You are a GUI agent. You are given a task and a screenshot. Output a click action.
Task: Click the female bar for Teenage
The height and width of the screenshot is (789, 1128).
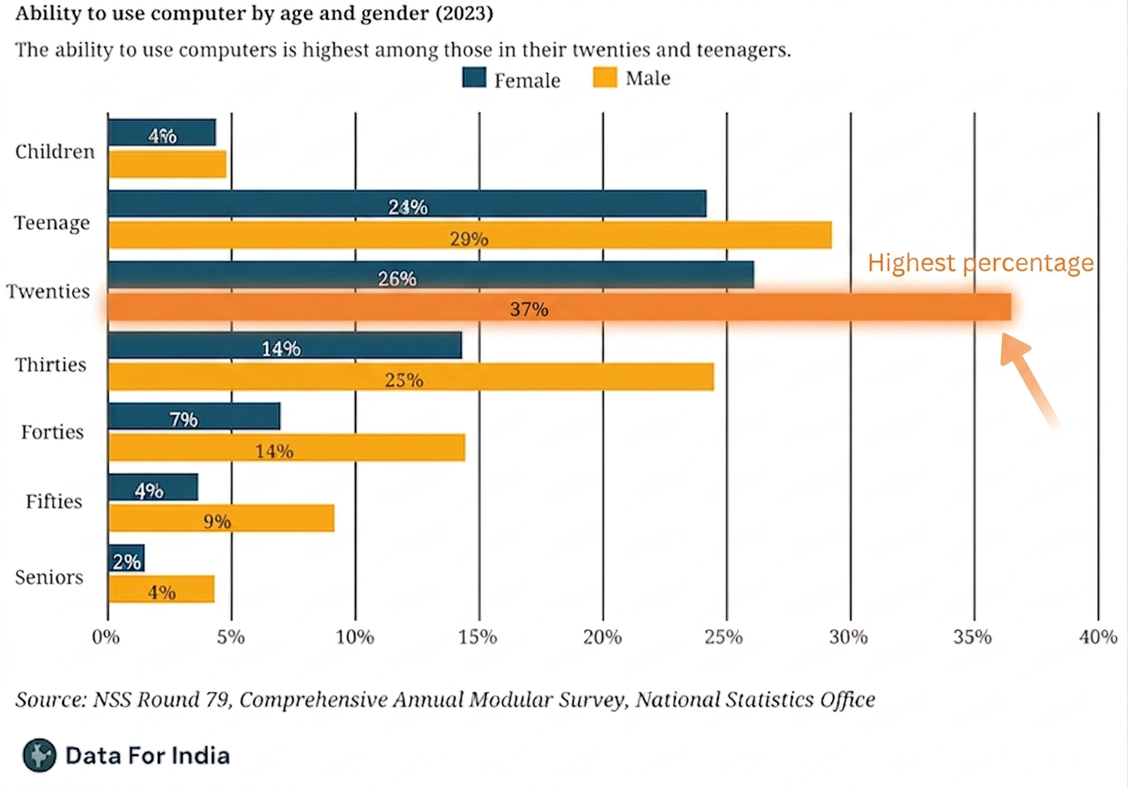click(x=406, y=204)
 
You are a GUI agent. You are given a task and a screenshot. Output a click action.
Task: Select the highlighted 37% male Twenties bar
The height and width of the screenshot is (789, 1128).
click(x=559, y=307)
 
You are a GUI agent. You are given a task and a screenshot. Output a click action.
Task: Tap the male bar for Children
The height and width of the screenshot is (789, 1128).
click(x=167, y=164)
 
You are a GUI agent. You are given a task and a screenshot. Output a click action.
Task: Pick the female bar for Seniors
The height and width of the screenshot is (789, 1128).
click(x=126, y=558)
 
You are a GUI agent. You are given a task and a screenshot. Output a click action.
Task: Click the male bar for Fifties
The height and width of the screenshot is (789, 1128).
click(x=221, y=518)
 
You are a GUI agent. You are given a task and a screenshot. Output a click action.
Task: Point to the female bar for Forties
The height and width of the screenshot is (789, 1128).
click(x=194, y=416)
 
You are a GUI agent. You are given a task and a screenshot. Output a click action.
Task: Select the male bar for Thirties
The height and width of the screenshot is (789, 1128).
click(x=411, y=376)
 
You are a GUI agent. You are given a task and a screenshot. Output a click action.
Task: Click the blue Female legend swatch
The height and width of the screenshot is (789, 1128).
click(x=474, y=78)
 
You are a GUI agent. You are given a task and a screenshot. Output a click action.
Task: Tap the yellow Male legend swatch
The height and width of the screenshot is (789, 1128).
click(x=605, y=78)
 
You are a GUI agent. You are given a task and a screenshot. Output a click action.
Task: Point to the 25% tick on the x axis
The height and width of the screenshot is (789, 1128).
click(x=727, y=620)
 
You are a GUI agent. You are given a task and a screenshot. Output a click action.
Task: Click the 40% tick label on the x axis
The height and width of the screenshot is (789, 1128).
click(x=1098, y=637)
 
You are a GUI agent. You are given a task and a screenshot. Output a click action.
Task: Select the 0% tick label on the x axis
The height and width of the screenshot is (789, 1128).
click(x=106, y=637)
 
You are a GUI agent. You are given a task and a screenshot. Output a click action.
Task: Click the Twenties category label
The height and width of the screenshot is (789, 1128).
click(x=47, y=291)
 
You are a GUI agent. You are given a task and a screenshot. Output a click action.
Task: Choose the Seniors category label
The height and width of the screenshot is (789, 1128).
click(x=48, y=577)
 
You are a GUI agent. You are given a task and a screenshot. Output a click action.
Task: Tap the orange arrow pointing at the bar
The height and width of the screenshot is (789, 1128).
click(x=1028, y=381)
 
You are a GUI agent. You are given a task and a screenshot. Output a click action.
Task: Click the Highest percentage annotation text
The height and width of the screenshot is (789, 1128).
click(x=980, y=263)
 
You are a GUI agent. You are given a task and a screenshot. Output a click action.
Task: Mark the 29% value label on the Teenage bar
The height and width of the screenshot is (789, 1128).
click(x=469, y=238)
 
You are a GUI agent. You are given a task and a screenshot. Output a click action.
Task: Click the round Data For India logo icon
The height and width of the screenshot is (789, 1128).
click(x=39, y=755)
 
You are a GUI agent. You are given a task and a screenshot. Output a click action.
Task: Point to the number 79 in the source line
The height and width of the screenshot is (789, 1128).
click(x=218, y=700)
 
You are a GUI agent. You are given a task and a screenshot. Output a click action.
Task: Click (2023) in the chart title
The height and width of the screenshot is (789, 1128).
click(x=464, y=13)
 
